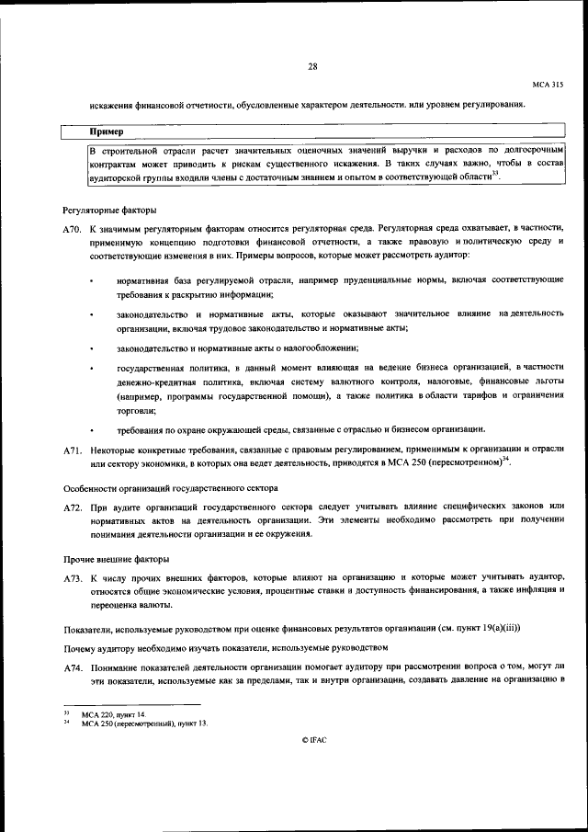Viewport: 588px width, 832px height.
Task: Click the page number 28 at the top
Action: [x=312, y=66]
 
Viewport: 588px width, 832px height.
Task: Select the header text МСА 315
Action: [x=548, y=85]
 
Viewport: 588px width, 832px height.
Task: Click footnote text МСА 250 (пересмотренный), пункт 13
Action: [x=144, y=724]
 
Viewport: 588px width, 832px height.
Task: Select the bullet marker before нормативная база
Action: [x=93, y=279]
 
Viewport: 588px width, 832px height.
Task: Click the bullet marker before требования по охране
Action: [x=93, y=430]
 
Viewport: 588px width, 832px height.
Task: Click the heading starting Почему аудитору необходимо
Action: [x=220, y=646]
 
